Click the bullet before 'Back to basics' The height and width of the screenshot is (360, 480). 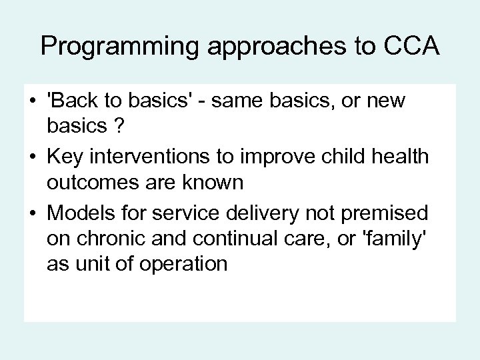click(31, 102)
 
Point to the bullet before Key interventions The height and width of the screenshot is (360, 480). click(31, 157)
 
